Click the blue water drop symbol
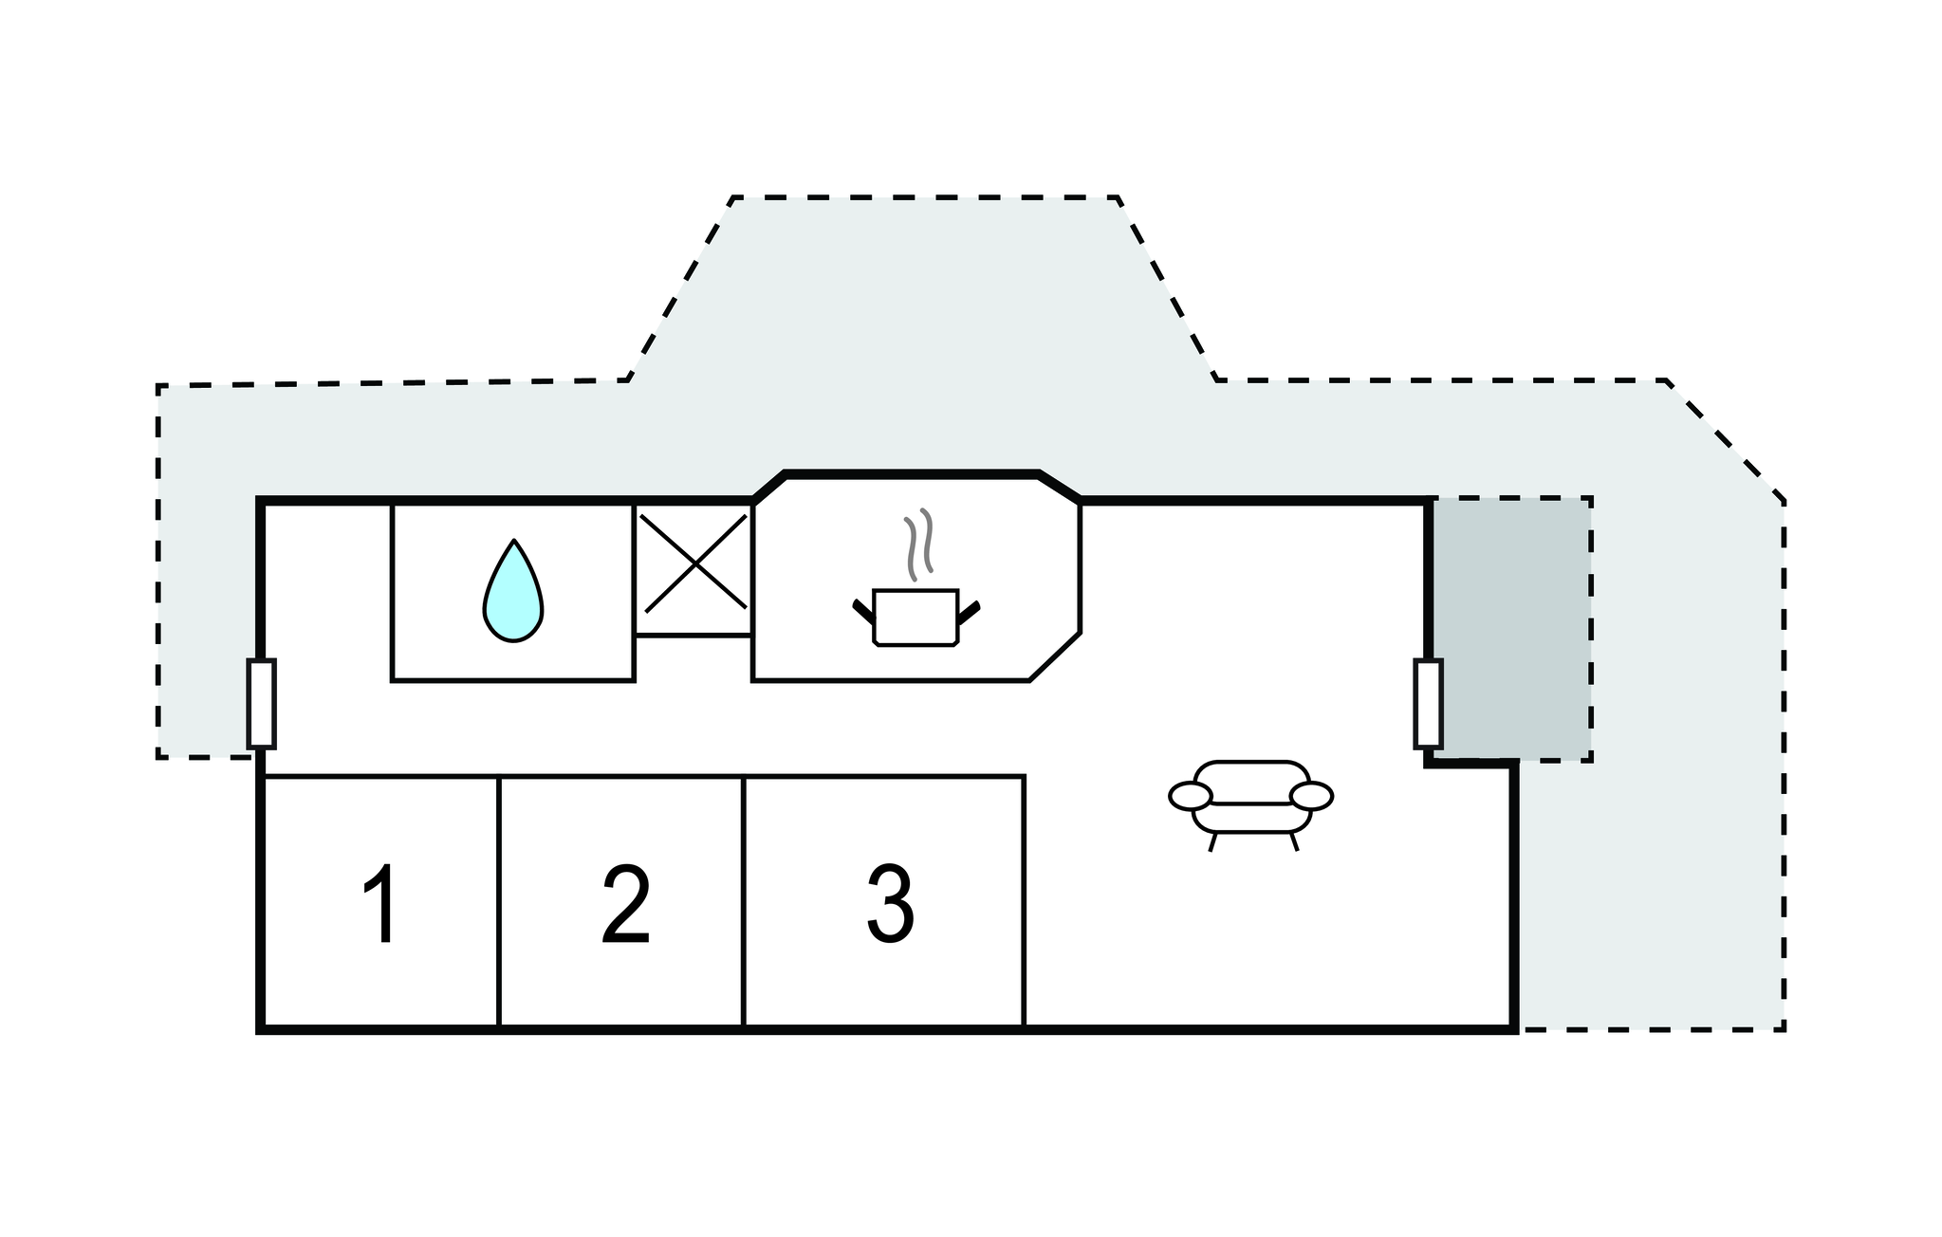pyautogui.click(x=513, y=592)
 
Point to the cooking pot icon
pyautogui.click(x=916, y=617)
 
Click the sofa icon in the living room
pyautogui.click(x=1250, y=797)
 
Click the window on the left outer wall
pyautogui.click(x=261, y=703)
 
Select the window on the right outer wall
pyautogui.click(x=1428, y=703)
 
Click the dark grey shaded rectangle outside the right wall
pyautogui.click(x=1512, y=628)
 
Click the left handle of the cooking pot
pyautogui.click(x=863, y=611)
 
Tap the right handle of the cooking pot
pyautogui.click(x=969, y=611)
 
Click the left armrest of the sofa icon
pyautogui.click(x=1191, y=797)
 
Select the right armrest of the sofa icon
pyautogui.click(x=1312, y=797)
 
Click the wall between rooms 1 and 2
pyautogui.click(x=499, y=901)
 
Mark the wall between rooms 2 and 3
pyautogui.click(x=744, y=901)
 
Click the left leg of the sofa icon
pyautogui.click(x=1212, y=842)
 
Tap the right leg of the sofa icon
pyautogui.click(x=1294, y=842)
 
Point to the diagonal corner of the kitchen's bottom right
pyautogui.click(x=1055, y=656)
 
